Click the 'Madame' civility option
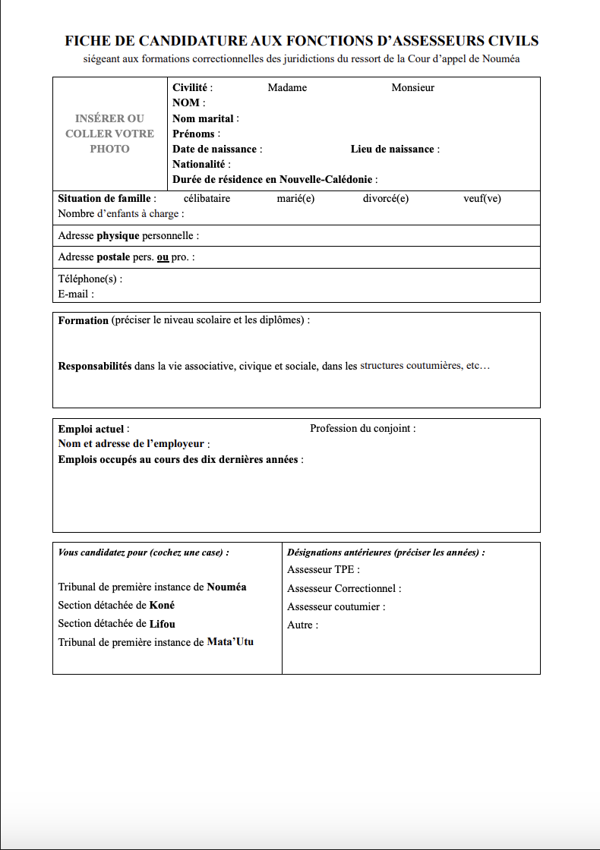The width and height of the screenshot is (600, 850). pos(287,88)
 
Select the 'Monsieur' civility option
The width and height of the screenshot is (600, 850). pos(412,88)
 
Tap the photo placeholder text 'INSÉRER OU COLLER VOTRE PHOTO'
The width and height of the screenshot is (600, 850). pos(109,134)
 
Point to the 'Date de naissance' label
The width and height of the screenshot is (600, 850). pos(215,150)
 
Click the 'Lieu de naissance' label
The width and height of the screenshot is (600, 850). pos(393,150)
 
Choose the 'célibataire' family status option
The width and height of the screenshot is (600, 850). pos(207,199)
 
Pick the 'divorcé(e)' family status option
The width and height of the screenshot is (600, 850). pos(386,199)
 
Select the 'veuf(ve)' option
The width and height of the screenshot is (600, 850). pos(482,199)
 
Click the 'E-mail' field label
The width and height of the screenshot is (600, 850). pos(74,294)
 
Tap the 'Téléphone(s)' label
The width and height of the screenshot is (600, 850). pos(88,279)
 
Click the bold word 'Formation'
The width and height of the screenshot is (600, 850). pos(84,320)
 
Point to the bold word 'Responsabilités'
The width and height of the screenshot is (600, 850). pos(95,366)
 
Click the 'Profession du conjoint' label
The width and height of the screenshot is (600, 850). pos(361,429)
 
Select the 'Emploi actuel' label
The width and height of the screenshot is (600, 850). pos(91,430)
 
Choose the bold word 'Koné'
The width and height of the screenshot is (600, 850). pos(162,606)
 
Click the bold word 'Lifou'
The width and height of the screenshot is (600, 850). pos(162,624)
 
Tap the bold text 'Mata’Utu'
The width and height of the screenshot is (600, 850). pos(230,642)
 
